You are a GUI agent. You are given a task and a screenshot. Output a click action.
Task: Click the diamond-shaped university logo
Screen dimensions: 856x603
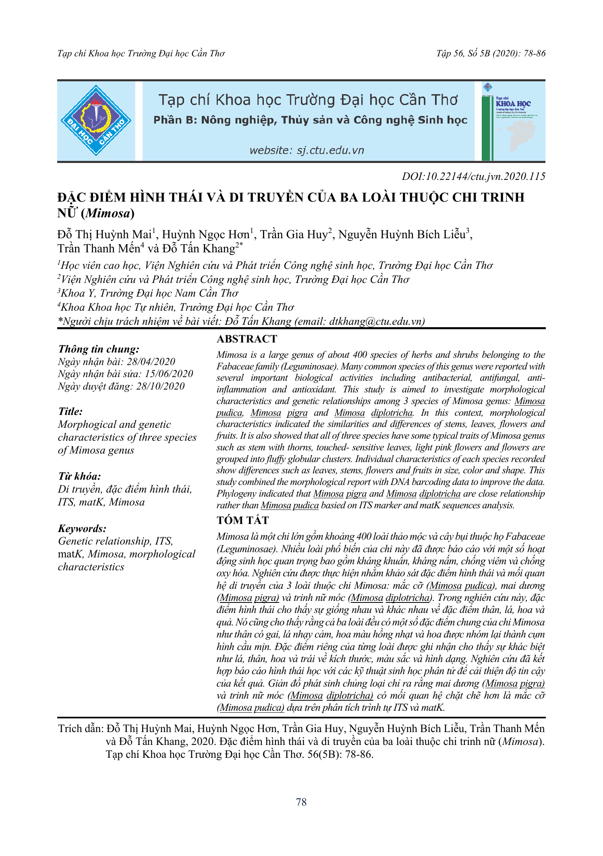96,120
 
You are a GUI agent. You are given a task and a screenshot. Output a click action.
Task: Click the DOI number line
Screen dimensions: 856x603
473,177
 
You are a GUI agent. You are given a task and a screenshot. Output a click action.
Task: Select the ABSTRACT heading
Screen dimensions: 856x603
247,339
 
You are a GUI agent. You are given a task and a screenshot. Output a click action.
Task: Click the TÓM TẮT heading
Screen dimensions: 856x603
242,520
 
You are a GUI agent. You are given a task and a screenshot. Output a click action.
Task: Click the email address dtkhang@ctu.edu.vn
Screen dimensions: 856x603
376,321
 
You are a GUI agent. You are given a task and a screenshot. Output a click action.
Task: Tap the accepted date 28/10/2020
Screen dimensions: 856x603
160,386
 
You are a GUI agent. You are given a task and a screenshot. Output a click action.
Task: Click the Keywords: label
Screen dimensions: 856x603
82,528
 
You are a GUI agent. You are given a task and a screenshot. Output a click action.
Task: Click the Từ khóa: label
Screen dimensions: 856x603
80,476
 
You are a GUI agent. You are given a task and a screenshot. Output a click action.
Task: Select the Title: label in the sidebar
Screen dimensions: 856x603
70,412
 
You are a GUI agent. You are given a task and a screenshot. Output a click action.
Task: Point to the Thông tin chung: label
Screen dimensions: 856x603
99,349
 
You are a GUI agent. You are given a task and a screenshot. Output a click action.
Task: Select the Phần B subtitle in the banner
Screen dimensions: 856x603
310,120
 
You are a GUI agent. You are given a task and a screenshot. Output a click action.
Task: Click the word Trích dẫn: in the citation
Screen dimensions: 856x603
81,728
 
